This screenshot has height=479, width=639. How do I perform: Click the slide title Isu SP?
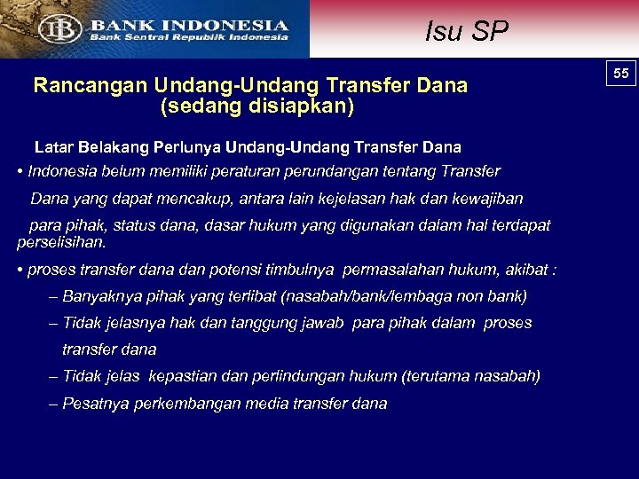coord(466,32)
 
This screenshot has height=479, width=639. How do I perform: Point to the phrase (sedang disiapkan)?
coord(256,106)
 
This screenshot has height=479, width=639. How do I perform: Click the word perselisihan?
coord(61,241)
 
